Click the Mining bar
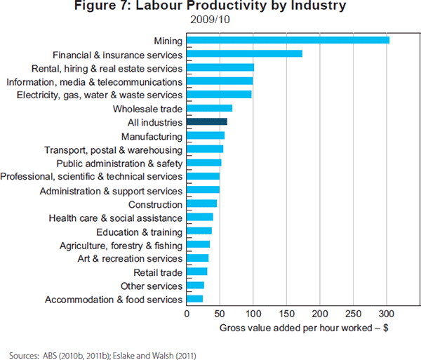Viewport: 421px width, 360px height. point(288,40)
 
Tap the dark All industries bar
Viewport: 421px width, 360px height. point(206,122)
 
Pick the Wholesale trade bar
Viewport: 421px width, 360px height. point(209,109)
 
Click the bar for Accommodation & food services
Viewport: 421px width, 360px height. point(194,300)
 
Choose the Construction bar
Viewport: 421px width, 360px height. point(201,204)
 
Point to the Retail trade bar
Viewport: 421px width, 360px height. point(196,272)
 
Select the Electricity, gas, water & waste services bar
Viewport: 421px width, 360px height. point(219,95)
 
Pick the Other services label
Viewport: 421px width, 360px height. point(152,286)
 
